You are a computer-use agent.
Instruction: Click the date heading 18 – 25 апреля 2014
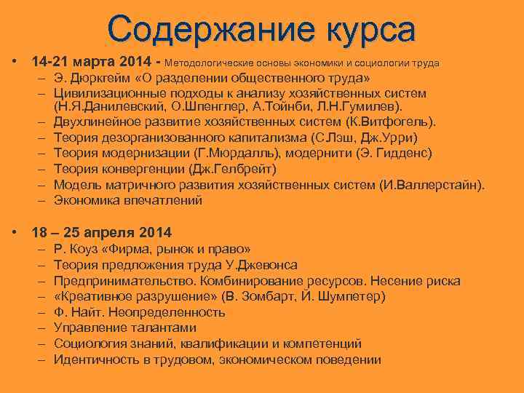point(102,233)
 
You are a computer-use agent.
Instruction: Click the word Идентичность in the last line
point(98,360)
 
